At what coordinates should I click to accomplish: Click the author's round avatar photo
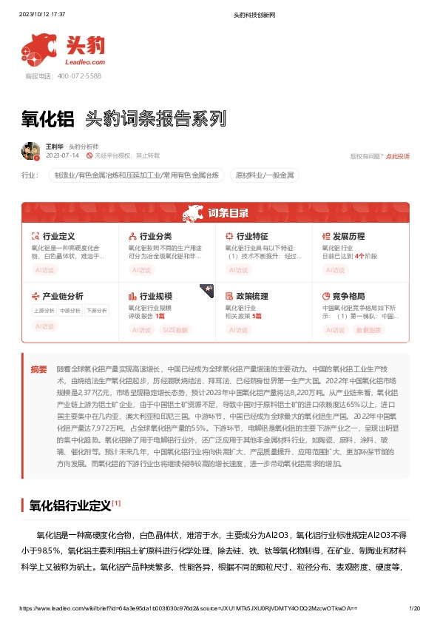pyautogui.click(x=30, y=151)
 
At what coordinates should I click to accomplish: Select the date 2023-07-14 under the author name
pyautogui.click(x=62, y=156)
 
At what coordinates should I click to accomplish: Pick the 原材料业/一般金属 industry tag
pyautogui.click(x=265, y=175)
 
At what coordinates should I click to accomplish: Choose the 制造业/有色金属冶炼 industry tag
pyautogui.click(x=136, y=175)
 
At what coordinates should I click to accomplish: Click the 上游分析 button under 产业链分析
pyautogui.click(x=44, y=311)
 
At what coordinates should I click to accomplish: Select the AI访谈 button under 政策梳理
pyautogui.click(x=240, y=330)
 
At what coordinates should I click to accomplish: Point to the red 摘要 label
pyautogui.click(x=38, y=369)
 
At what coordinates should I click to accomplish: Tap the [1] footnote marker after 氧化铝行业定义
pyautogui.click(x=117, y=503)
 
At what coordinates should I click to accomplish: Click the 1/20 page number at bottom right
pyautogui.click(x=414, y=608)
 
